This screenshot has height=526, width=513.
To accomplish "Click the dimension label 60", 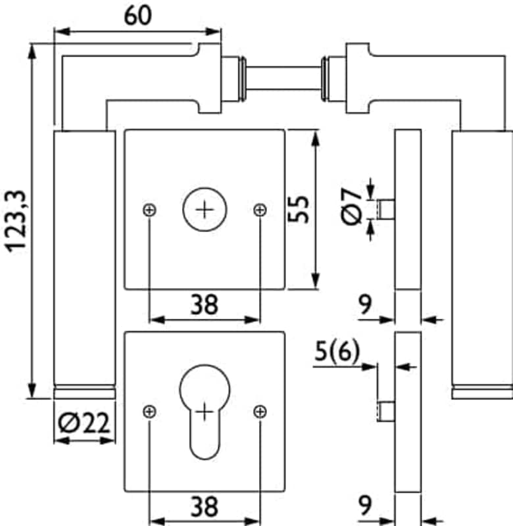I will [137, 16].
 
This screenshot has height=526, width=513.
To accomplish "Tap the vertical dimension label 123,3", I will [15, 220].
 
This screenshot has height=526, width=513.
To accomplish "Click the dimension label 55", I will [299, 209].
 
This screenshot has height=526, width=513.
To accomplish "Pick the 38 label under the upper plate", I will [205, 304].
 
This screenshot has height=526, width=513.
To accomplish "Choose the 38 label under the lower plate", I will [205, 506].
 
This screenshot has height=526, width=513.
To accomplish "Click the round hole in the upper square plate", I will [205, 210].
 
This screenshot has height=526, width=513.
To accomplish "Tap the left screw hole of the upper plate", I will [150, 210].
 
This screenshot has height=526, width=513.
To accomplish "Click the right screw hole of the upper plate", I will [260, 210].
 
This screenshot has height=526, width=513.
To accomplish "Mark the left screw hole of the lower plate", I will [150, 412].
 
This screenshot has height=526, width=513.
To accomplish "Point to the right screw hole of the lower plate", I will [260, 412].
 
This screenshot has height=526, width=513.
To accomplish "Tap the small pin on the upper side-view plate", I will [386, 210].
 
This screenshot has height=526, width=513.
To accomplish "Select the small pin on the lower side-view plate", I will [386, 412].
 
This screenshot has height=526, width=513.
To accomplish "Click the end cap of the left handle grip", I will [85, 393].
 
